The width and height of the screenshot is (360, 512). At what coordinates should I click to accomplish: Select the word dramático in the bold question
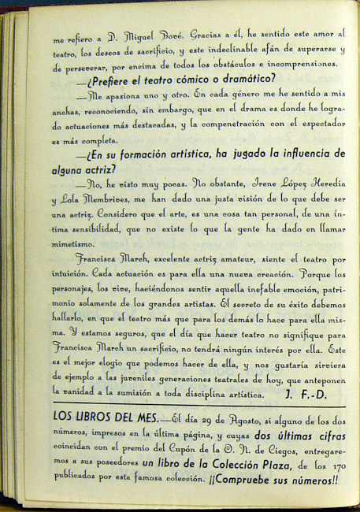240,79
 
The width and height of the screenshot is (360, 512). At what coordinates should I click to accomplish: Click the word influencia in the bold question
289,153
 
